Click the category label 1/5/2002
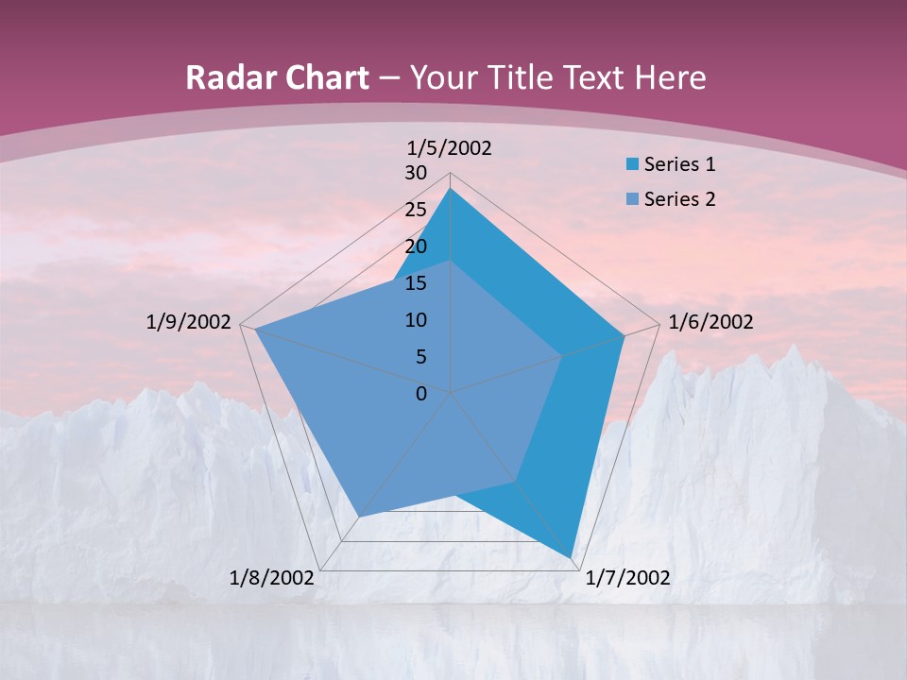point(450,147)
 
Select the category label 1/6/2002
point(710,322)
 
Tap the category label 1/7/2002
point(627,578)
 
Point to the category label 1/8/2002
point(272,578)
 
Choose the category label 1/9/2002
point(189,322)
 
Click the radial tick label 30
point(416,173)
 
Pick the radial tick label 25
point(416,210)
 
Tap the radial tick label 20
point(416,246)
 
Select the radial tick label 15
point(416,283)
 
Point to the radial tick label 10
point(416,320)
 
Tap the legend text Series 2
point(679,199)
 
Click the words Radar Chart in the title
point(277,77)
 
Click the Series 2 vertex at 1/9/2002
point(255,330)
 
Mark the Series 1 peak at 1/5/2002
point(450,188)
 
